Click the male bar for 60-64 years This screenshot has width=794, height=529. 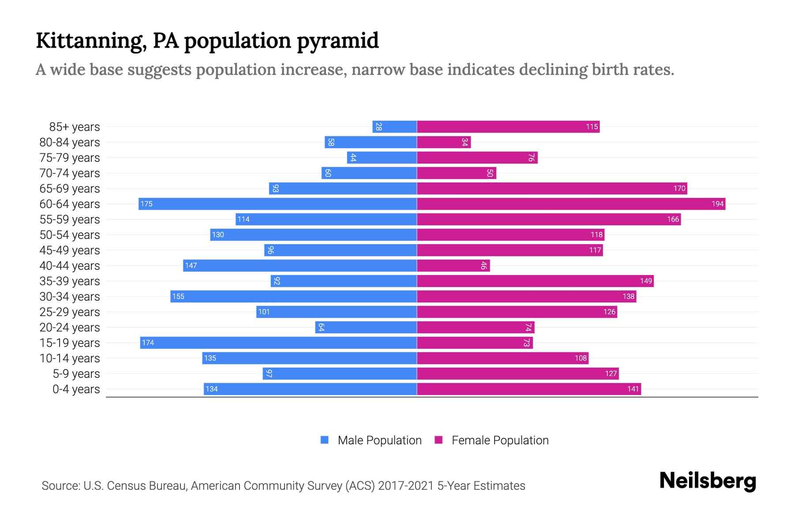[278, 204]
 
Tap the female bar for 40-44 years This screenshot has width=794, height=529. [453, 265]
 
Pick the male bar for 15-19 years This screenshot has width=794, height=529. [279, 343]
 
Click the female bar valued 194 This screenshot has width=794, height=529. [571, 204]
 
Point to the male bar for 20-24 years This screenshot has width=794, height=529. [366, 327]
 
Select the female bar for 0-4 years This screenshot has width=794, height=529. [529, 389]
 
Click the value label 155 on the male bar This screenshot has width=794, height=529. [178, 296]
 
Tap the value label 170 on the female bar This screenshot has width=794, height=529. [679, 189]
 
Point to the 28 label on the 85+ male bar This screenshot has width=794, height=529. [378, 127]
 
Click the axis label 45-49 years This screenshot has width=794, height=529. [70, 250]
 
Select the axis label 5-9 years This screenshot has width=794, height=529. [76, 374]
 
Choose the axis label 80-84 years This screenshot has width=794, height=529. [70, 142]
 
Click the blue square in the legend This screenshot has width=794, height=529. [325, 440]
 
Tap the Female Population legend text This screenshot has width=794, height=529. [500, 440]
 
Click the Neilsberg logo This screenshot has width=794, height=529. [708, 481]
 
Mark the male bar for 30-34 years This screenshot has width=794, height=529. [294, 296]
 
